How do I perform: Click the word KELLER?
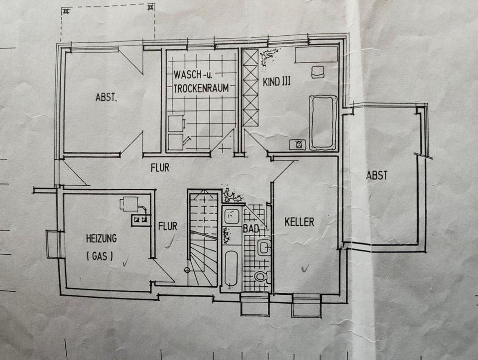point(299,222)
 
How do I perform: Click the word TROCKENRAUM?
point(201,88)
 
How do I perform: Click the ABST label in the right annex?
point(376,175)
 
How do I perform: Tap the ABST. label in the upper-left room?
point(106,98)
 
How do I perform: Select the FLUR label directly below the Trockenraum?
point(160,168)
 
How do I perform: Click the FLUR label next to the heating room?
point(167,226)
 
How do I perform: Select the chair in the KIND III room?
point(317,72)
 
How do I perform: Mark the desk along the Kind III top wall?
point(315,55)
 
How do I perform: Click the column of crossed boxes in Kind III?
point(250,87)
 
